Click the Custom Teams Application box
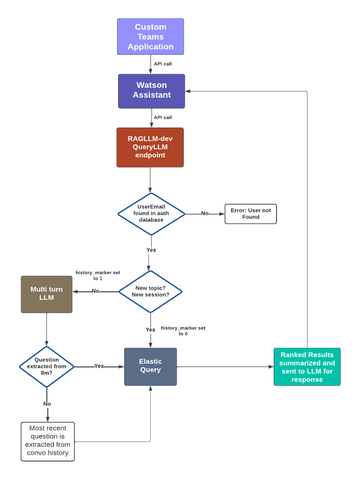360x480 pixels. pyautogui.click(x=150, y=37)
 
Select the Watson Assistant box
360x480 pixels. pyautogui.click(x=151, y=91)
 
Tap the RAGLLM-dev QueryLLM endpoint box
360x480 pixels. pyautogui.click(x=150, y=147)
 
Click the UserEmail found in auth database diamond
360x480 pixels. pyautogui.click(x=151, y=214)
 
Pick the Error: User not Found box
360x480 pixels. pyautogui.click(x=251, y=214)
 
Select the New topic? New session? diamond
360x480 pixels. pyautogui.click(x=150, y=291)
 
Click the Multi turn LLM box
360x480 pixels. pyautogui.click(x=46, y=294)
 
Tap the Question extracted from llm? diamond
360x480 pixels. pyautogui.click(x=46, y=366)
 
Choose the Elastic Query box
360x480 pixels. pyautogui.click(x=150, y=367)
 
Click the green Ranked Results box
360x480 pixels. pyautogui.click(x=307, y=367)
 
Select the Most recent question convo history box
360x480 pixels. pyautogui.click(x=48, y=441)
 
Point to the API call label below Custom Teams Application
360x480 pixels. pyautogui.click(x=163, y=64)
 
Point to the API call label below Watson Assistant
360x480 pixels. pyautogui.click(x=163, y=118)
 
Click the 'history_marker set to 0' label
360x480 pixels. pyautogui.click(x=183, y=331)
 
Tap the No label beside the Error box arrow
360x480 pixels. pyautogui.click(x=205, y=213)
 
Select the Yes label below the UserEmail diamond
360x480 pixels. pyautogui.click(x=151, y=250)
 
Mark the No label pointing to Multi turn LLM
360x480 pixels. pyautogui.click(x=96, y=291)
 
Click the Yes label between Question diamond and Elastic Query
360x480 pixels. pyautogui.click(x=99, y=366)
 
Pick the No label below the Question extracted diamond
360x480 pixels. pyautogui.click(x=47, y=404)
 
